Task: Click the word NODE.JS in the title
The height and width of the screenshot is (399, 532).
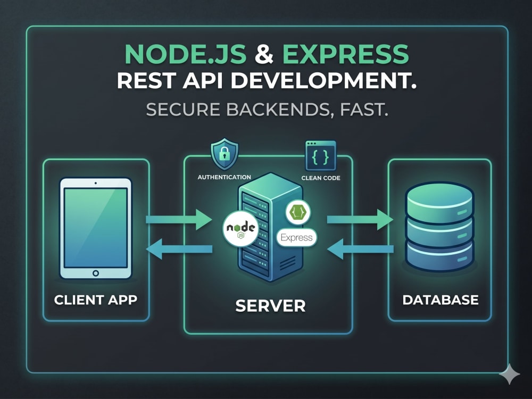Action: pyautogui.click(x=185, y=54)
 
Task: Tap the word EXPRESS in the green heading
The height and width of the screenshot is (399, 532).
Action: pyautogui.click(x=345, y=54)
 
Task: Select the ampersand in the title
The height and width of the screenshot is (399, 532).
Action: pyautogui.click(x=264, y=54)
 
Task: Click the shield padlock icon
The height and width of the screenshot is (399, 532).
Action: pyautogui.click(x=225, y=154)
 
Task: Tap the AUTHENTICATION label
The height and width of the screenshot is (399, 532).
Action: pyautogui.click(x=225, y=177)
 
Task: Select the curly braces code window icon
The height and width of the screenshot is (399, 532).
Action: pyautogui.click(x=321, y=156)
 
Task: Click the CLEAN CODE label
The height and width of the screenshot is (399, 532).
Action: pyautogui.click(x=321, y=178)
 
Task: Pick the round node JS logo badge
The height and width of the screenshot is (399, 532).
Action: pyautogui.click(x=240, y=228)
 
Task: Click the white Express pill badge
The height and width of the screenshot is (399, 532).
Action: pyautogui.click(x=296, y=237)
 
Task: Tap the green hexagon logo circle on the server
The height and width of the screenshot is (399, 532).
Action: pyautogui.click(x=298, y=212)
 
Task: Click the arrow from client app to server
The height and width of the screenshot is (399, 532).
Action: pyautogui.click(x=179, y=220)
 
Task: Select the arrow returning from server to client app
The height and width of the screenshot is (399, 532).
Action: pyautogui.click(x=179, y=249)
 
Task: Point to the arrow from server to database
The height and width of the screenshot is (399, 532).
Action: pyautogui.click(x=360, y=220)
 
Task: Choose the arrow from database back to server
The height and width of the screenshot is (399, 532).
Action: pyautogui.click(x=360, y=249)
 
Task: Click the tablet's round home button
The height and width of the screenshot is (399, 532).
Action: pyautogui.click(x=96, y=273)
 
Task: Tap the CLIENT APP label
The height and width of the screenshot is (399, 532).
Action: pyautogui.click(x=96, y=300)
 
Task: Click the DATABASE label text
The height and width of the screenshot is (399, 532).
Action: pyautogui.click(x=440, y=300)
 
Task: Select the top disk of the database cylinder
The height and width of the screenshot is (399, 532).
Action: pyautogui.click(x=440, y=203)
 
